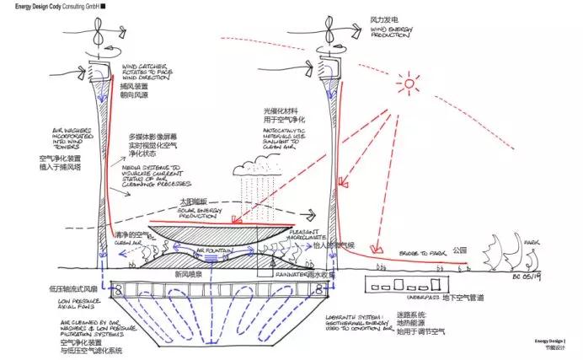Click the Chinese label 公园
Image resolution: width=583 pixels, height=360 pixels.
coord(459,250)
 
